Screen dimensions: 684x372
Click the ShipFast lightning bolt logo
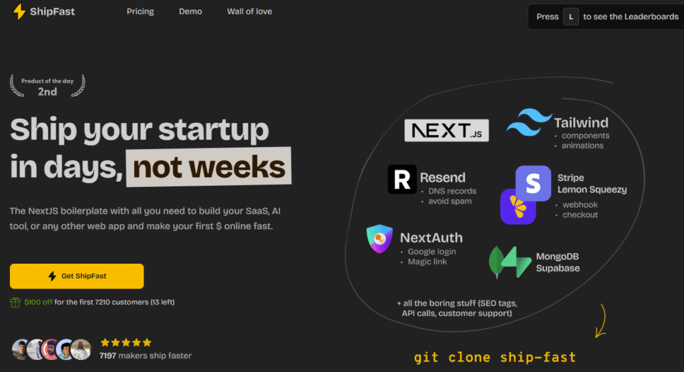pos(19,12)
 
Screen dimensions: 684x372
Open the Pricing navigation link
pos(140,11)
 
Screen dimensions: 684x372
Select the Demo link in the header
pos(190,11)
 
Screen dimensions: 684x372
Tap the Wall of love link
pos(250,11)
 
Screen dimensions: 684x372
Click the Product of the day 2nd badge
pos(47,86)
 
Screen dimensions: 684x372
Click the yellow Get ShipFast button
pos(77,276)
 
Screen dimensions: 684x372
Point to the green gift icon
pos(15,303)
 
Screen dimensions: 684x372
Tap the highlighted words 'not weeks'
pos(209,167)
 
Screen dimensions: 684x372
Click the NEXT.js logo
pos(447,130)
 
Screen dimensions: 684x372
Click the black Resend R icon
pos(402,179)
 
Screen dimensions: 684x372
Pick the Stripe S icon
pos(533,183)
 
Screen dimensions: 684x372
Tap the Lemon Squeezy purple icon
pos(517,208)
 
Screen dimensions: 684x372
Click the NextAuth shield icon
pos(379,238)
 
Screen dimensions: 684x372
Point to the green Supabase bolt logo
pos(517,262)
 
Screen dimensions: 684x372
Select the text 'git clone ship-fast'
pos(495,357)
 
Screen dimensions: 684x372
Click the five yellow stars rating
pos(126,343)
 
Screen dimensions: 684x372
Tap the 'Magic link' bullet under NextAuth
pos(427,262)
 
